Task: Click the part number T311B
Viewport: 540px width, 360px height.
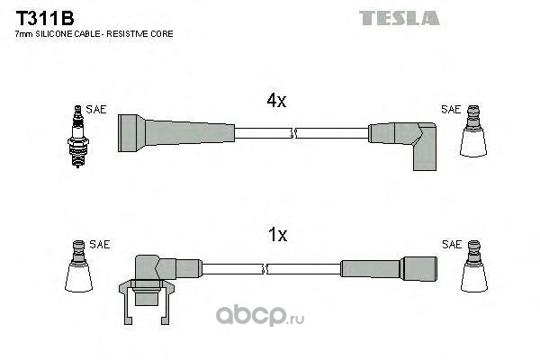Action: [45, 18]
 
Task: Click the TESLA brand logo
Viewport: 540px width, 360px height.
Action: [400, 18]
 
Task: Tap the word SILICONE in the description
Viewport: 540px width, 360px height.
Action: [54, 34]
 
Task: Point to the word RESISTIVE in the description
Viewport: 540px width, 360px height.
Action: [127, 34]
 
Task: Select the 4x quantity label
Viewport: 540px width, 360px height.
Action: [276, 101]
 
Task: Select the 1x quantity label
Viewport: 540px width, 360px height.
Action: [277, 235]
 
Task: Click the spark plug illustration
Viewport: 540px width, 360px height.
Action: [78, 136]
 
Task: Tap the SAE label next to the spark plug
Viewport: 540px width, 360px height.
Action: [96, 109]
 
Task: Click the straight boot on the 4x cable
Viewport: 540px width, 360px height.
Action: [176, 133]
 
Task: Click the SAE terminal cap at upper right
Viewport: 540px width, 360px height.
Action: [473, 130]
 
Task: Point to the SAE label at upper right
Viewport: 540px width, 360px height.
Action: [451, 109]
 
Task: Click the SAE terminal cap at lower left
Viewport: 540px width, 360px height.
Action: [79, 266]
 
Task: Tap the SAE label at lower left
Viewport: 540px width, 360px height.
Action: [100, 244]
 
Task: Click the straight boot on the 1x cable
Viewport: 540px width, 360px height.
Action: [389, 268]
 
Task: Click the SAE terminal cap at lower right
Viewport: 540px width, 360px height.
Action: [474, 266]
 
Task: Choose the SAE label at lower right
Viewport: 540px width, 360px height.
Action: [452, 244]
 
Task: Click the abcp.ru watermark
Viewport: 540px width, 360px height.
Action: [260, 316]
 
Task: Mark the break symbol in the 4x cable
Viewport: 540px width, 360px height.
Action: [293, 133]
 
